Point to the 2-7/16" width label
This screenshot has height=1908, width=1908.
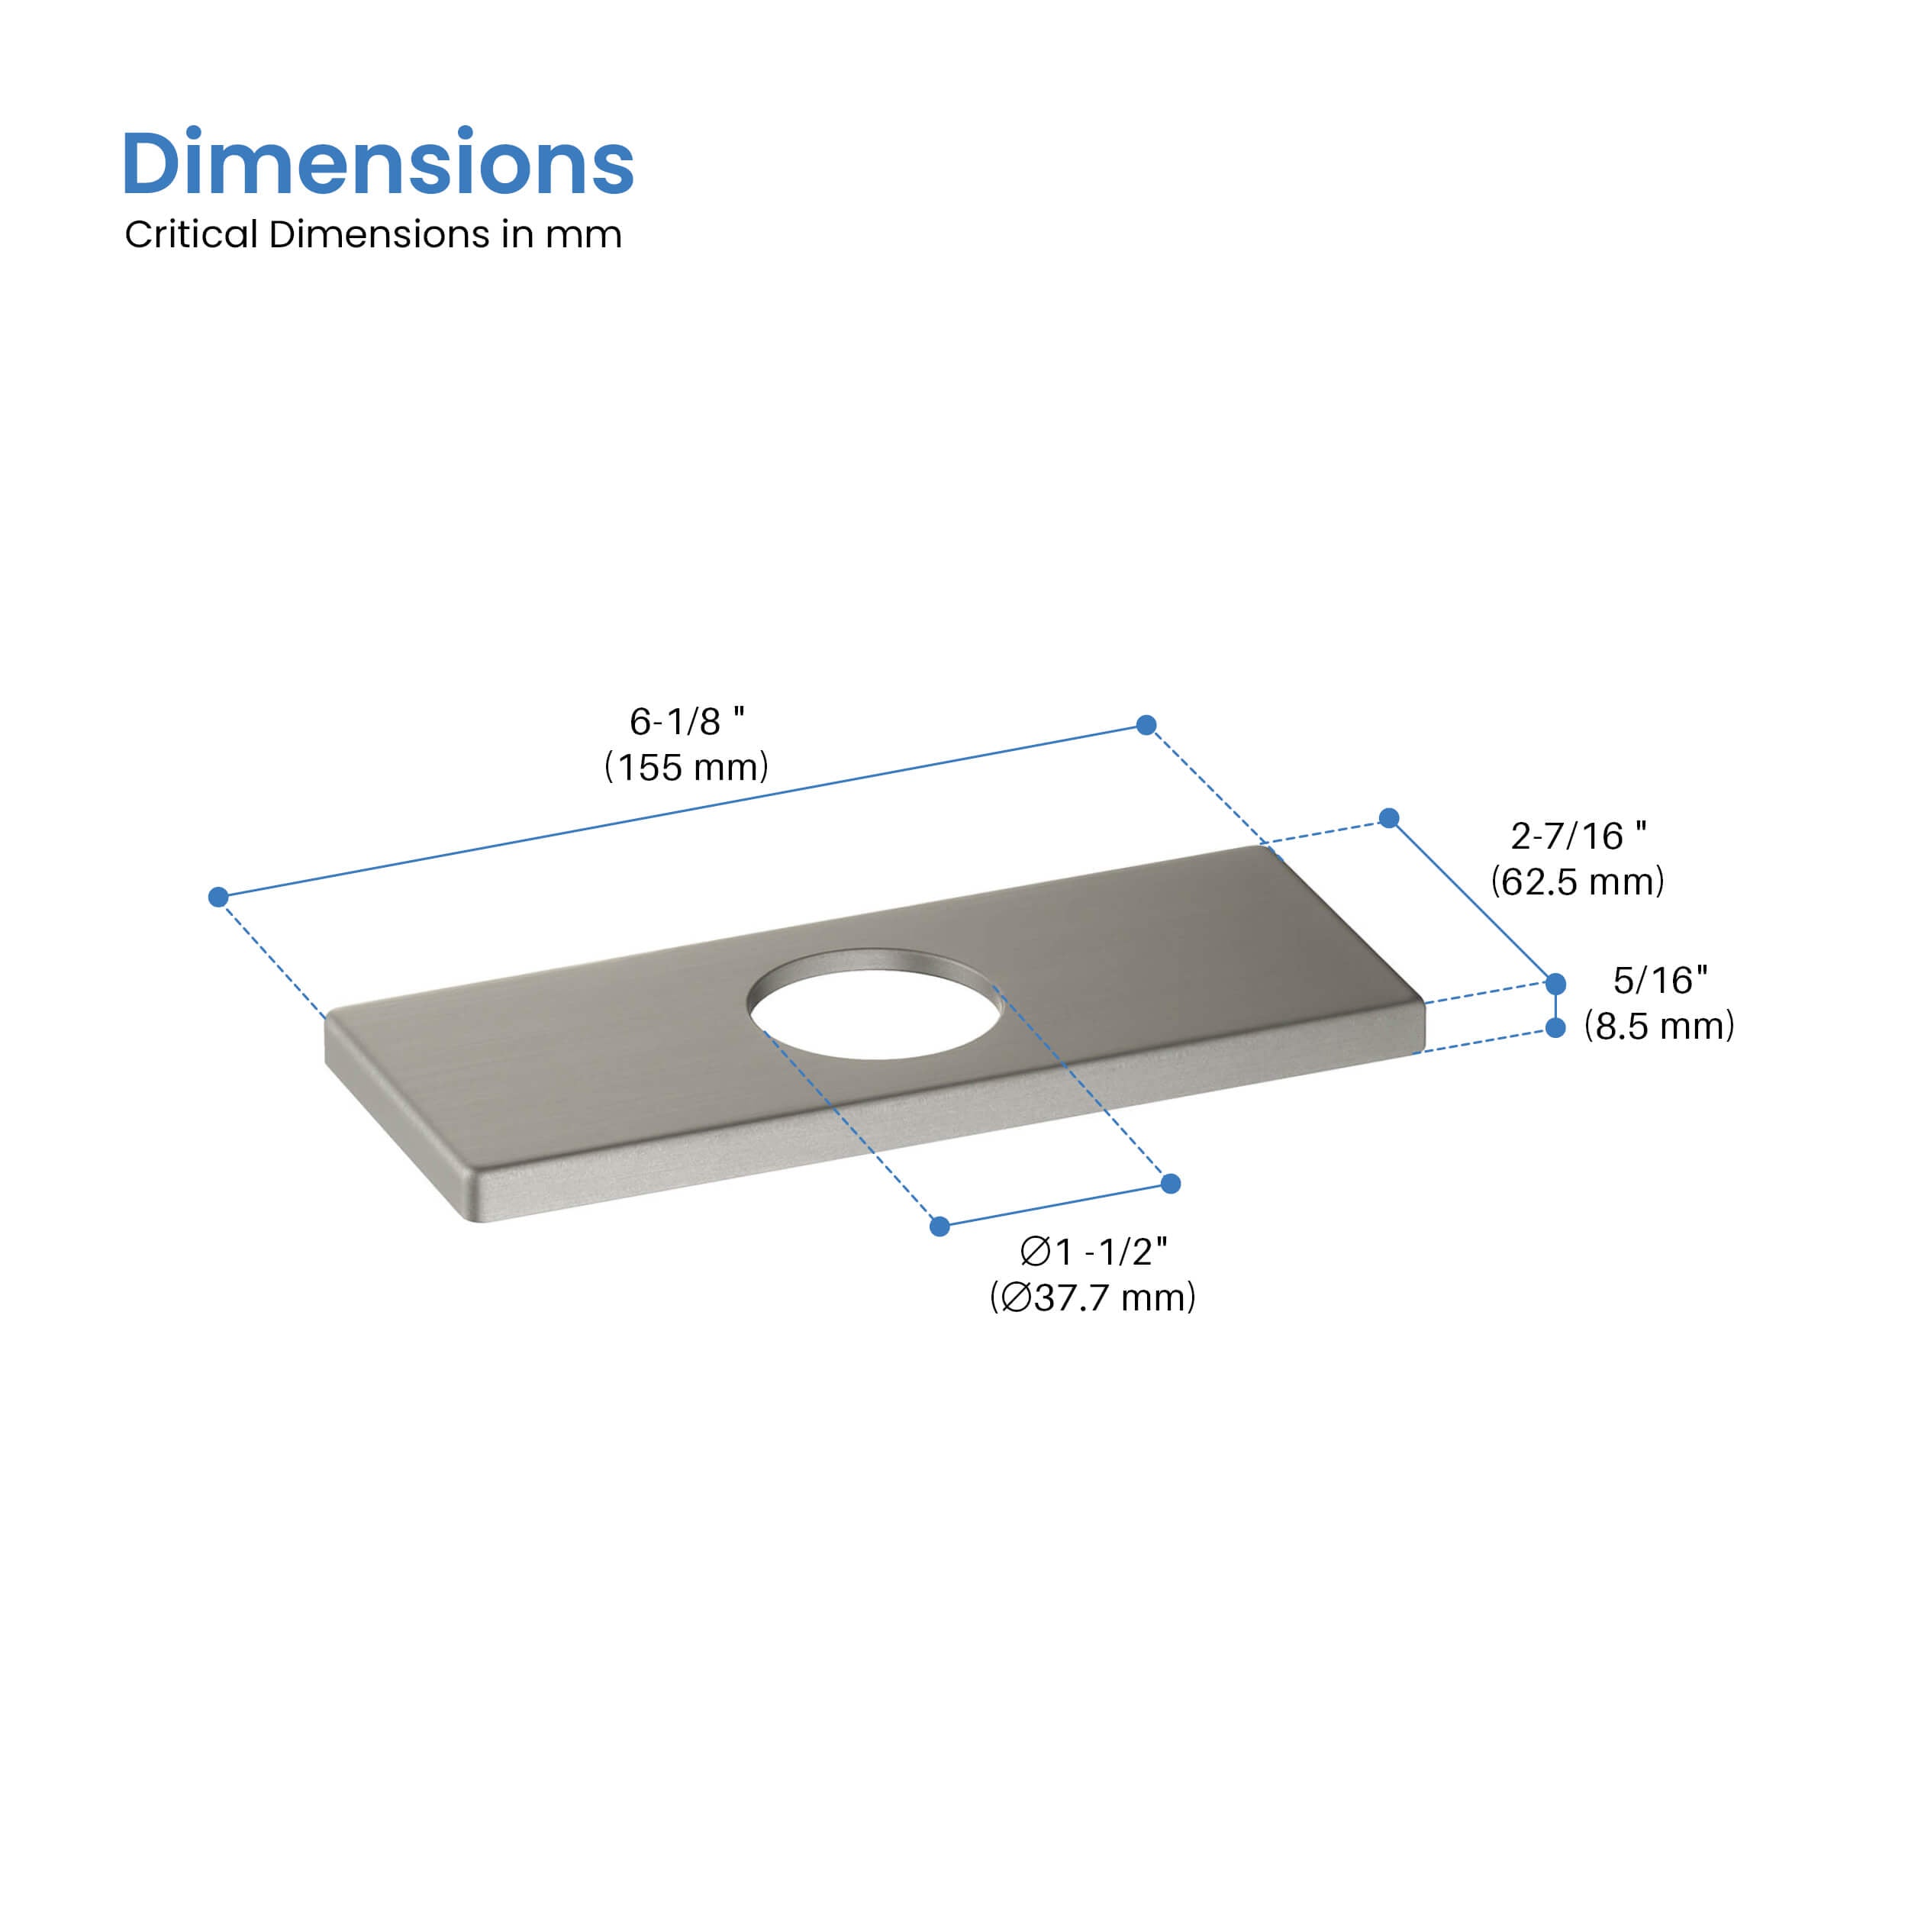coord(1578,836)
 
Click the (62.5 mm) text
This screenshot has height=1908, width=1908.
coord(1578,881)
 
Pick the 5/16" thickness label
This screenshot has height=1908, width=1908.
coord(1660,980)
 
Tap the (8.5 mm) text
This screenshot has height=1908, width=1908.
coord(1659,1025)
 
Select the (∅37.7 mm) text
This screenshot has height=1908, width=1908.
coord(1092,1297)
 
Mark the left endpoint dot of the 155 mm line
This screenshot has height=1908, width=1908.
coord(218,897)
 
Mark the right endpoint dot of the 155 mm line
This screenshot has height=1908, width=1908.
coord(1146,725)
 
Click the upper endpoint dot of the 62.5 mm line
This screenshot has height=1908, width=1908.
coord(1388,817)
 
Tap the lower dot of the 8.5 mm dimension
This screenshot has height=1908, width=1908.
coord(1555,1028)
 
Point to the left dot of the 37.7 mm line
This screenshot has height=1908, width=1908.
coord(939,1226)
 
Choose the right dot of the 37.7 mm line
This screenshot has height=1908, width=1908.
coord(1170,1183)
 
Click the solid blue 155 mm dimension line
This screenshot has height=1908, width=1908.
coord(682,811)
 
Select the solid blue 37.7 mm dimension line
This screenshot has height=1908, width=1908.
coord(1055,1205)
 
